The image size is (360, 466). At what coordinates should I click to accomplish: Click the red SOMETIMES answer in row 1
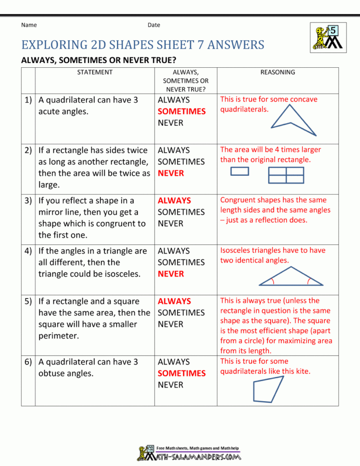(181, 111)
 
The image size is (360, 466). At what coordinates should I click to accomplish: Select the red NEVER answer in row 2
(170, 173)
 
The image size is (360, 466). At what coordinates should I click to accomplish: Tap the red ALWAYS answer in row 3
(174, 201)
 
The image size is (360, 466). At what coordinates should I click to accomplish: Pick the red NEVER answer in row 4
(170, 274)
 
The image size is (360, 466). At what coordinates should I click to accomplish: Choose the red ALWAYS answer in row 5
(174, 301)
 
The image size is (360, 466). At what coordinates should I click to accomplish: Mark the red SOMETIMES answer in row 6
(181, 373)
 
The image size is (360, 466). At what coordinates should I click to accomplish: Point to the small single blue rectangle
(240, 171)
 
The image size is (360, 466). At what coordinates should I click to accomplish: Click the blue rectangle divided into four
(286, 175)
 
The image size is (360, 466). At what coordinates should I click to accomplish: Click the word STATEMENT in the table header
(95, 73)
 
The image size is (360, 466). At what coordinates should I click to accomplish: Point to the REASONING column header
(277, 73)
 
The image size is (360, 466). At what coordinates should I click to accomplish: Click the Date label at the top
(154, 25)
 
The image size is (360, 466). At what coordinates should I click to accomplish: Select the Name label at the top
(29, 25)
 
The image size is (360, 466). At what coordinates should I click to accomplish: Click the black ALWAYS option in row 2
(173, 150)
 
